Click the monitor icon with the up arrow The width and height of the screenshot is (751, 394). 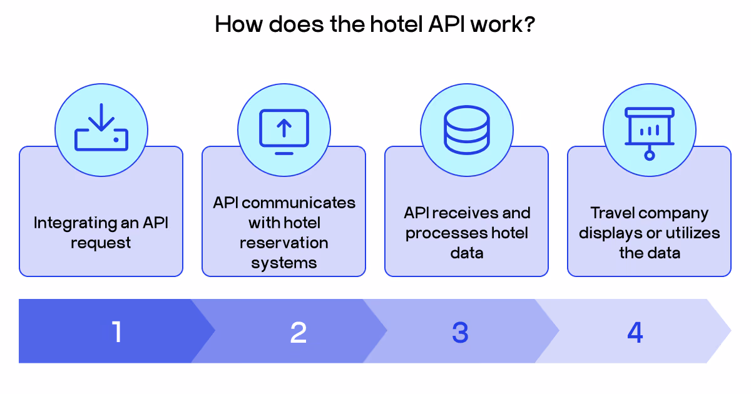(284, 131)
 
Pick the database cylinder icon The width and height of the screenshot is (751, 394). (466, 129)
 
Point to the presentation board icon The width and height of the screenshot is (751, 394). (649, 132)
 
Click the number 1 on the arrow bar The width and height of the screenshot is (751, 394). (116, 332)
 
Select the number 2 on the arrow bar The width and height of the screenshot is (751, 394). (299, 332)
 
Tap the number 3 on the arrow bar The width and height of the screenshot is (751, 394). (460, 332)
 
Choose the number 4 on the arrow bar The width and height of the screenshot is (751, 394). (635, 332)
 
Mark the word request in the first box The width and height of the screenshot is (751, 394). (101, 243)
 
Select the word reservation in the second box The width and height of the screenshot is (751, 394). (284, 243)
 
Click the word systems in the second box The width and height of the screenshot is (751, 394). (284, 263)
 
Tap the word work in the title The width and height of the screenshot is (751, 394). (494, 24)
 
